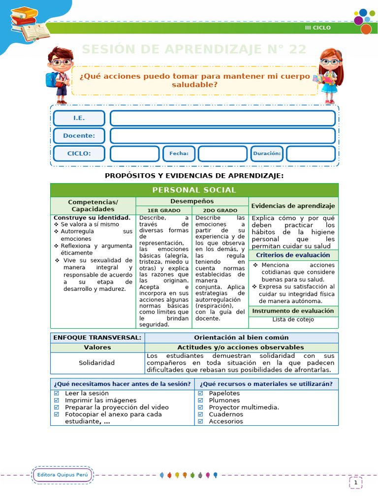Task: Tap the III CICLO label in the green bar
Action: coord(317,28)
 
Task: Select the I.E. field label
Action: coord(79,118)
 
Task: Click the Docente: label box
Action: coord(79,136)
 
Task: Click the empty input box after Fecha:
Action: coord(222,154)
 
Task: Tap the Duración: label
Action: coord(267,154)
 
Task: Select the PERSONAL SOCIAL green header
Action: coord(194,190)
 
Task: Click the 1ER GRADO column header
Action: coord(164,210)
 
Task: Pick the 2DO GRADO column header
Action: coord(220,210)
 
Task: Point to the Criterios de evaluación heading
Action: coord(293,255)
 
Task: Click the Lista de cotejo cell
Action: coord(293,319)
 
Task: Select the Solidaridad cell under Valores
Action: coord(97,363)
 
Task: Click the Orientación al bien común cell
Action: coord(241,338)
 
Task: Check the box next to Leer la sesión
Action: coord(56,393)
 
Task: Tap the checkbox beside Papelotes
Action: coord(200,393)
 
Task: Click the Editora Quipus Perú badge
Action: coord(62,475)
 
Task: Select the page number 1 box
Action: coord(355,483)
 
